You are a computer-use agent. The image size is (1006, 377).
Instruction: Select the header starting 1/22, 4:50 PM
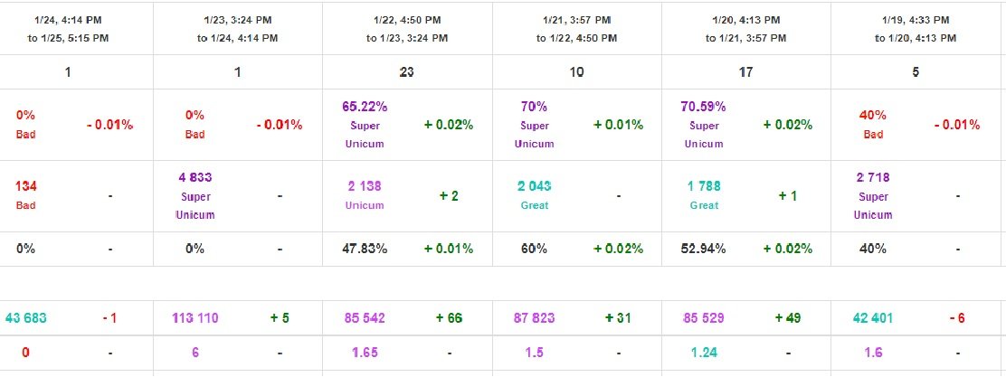click(406, 28)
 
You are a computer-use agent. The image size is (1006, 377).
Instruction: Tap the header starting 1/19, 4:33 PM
click(916, 28)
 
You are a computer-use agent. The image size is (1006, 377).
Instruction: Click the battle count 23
click(406, 72)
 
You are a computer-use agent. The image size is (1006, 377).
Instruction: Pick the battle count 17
click(745, 72)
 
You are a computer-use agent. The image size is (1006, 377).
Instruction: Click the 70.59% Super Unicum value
click(703, 125)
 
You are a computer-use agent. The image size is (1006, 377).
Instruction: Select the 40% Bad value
click(873, 125)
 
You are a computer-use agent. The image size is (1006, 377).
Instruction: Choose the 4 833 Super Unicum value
click(195, 195)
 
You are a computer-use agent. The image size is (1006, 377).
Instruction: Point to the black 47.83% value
click(365, 249)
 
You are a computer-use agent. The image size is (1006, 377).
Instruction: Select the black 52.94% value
click(703, 249)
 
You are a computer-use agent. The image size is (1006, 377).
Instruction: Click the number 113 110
click(195, 317)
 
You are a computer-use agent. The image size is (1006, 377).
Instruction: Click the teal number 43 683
click(26, 317)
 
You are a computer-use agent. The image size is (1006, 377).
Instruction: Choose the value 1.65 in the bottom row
click(365, 353)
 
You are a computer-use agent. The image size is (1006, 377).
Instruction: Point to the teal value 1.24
click(703, 353)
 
